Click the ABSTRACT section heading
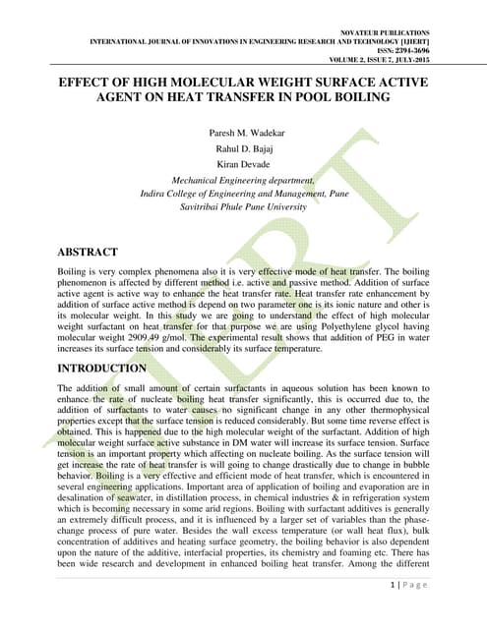click(88, 253)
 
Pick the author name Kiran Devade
click(243, 165)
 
